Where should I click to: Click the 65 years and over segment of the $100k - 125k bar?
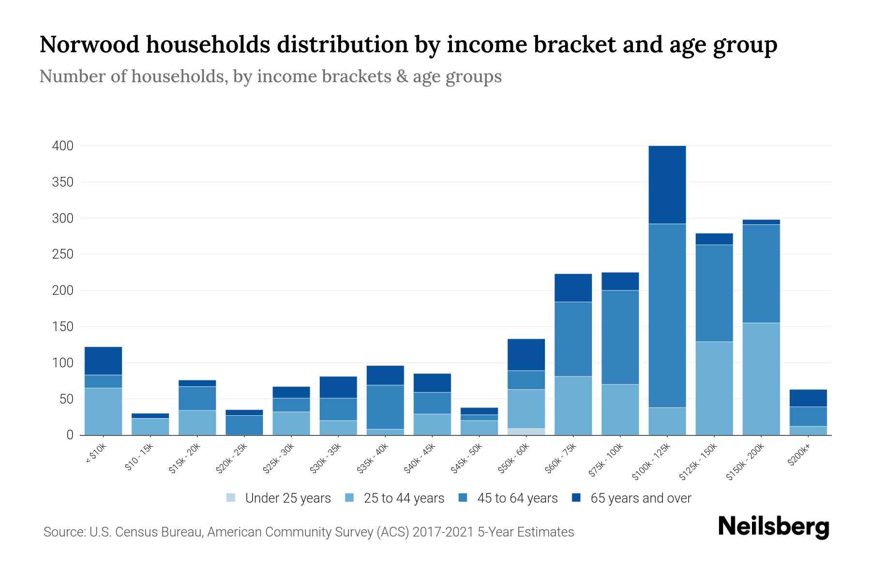pyautogui.click(x=667, y=184)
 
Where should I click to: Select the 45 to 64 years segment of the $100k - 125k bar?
pyautogui.click(x=667, y=315)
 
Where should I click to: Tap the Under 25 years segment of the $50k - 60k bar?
pyautogui.click(x=526, y=432)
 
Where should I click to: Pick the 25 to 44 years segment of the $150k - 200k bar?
pyautogui.click(x=761, y=378)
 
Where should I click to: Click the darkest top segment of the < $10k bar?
pyautogui.click(x=103, y=361)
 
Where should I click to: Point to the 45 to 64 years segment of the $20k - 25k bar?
pyautogui.click(x=244, y=425)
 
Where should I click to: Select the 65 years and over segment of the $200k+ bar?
pyautogui.click(x=808, y=398)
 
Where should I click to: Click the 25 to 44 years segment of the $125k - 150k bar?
pyautogui.click(x=714, y=388)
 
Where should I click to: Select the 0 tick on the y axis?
pyautogui.click(x=70, y=435)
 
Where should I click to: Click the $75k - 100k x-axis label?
pyautogui.click(x=607, y=461)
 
